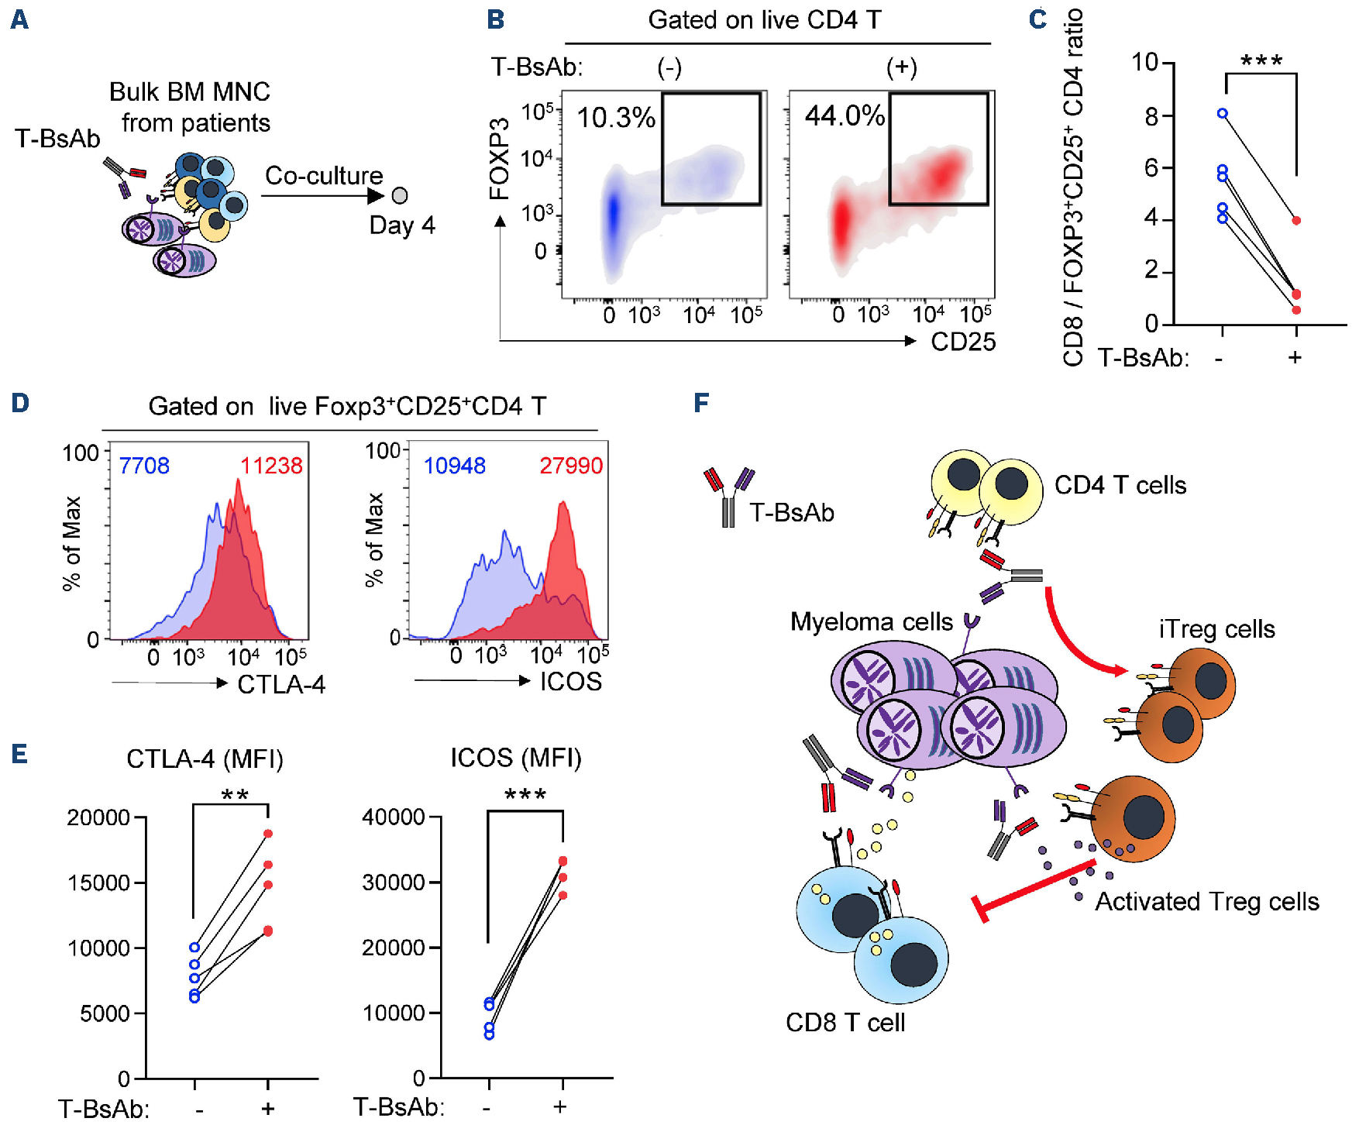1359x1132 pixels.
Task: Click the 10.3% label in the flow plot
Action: (x=616, y=118)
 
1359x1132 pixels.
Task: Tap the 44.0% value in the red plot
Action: (x=845, y=116)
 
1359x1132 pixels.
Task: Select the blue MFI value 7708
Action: (x=144, y=466)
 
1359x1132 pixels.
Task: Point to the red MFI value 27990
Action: (x=571, y=466)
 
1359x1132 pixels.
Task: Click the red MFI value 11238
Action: (x=271, y=466)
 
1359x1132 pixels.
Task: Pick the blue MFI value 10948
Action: (x=455, y=466)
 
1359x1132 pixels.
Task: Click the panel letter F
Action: (x=701, y=403)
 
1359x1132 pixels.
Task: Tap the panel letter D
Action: (x=20, y=403)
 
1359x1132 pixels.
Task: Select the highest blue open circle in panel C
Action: (x=1223, y=114)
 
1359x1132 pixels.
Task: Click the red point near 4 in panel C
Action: (x=1296, y=221)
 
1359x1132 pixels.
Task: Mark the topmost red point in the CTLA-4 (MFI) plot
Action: (x=268, y=834)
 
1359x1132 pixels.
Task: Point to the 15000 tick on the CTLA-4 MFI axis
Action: (x=98, y=883)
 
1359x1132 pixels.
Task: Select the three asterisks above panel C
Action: (x=1261, y=61)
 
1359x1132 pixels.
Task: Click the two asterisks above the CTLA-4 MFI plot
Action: (x=235, y=796)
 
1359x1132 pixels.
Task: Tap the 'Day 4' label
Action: (x=402, y=225)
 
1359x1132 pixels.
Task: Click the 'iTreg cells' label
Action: (x=1217, y=629)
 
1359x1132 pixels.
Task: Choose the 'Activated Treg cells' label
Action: (x=1207, y=902)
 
